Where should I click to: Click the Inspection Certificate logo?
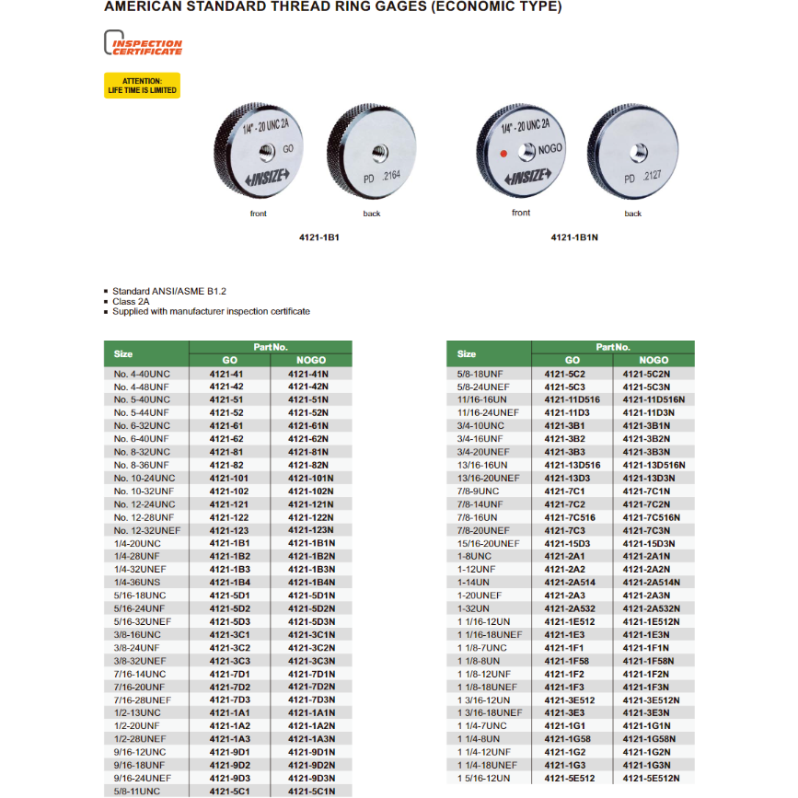[143, 44]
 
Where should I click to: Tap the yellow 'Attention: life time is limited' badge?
[142, 86]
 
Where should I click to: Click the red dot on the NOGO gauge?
[503, 153]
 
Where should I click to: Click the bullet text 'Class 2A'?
[131, 301]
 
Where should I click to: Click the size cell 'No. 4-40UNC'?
[142, 375]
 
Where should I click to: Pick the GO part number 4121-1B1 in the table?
[228, 543]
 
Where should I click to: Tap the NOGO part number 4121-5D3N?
[311, 621]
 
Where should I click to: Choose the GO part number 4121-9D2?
[228, 765]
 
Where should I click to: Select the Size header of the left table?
[123, 353]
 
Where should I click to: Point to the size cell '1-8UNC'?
[475, 556]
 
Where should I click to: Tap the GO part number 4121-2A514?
[572, 582]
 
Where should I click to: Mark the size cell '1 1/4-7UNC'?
[484, 725]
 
